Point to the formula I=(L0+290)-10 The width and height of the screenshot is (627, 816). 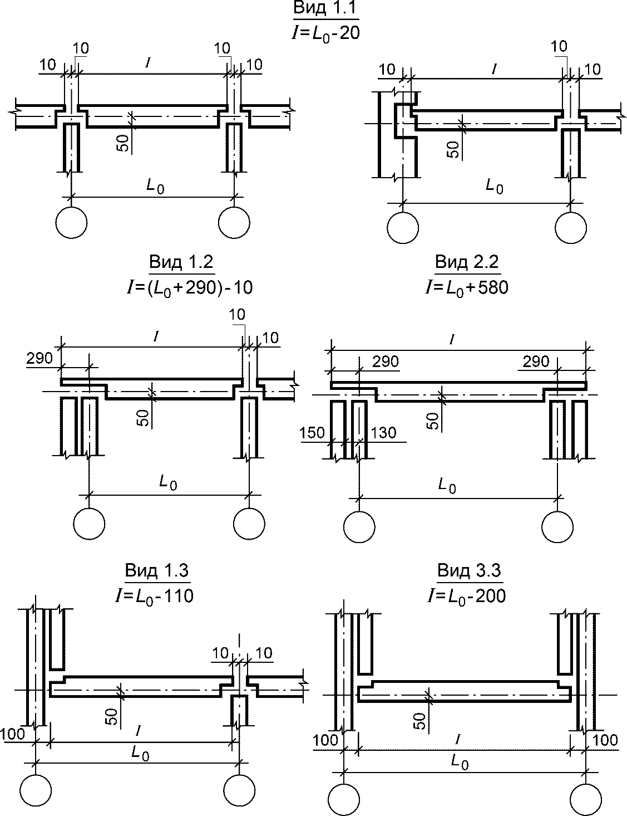(x=189, y=287)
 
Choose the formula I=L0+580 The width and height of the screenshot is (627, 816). (x=466, y=287)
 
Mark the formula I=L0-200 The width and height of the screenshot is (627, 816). (x=466, y=595)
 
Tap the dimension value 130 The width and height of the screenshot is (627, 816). (x=384, y=433)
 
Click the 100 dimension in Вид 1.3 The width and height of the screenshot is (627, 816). (x=13, y=734)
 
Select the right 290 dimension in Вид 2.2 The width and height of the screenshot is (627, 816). (x=536, y=361)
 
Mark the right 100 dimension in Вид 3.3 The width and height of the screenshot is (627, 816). (x=606, y=740)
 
